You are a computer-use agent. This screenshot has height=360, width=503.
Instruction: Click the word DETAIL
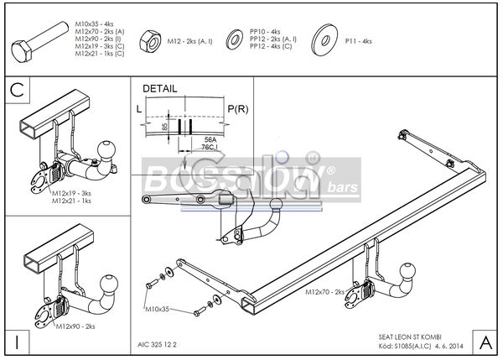(159, 88)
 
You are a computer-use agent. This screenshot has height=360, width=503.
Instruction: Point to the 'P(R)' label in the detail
(239, 109)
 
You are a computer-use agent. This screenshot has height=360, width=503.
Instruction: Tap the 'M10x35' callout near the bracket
(157, 310)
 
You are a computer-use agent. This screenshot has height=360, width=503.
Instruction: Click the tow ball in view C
(106, 150)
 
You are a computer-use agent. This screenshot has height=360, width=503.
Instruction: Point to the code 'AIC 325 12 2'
(157, 343)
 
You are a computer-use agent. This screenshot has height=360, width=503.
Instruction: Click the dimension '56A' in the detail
(210, 139)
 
